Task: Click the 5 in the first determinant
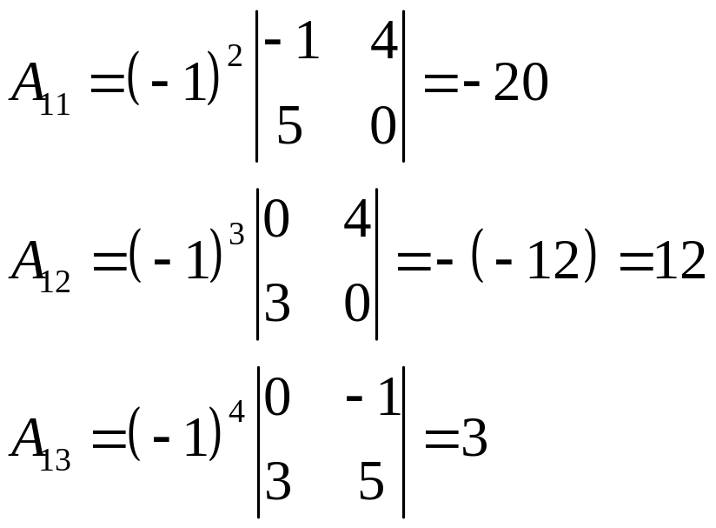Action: pyautogui.click(x=289, y=129)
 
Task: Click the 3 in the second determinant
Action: pyautogui.click(x=276, y=304)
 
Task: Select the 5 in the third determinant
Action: pyautogui.click(x=372, y=483)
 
